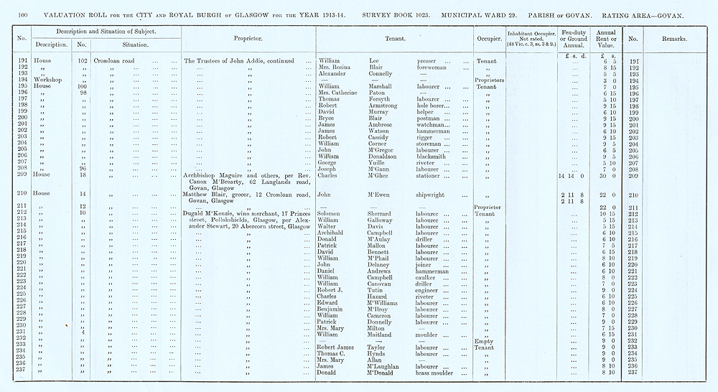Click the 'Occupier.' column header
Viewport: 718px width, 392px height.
pos(488,38)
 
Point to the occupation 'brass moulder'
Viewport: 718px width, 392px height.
pos(437,373)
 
